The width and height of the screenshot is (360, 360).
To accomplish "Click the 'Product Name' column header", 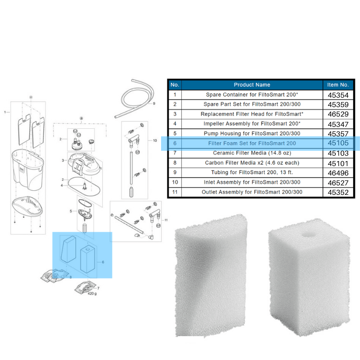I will tap(252, 85).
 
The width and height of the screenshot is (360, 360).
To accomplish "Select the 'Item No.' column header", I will tap(338, 85).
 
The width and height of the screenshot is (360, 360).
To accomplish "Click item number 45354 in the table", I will tap(338, 95).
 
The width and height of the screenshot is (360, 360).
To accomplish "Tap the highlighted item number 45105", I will tap(338, 144).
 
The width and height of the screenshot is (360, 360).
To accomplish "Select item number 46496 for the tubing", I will tap(338, 173).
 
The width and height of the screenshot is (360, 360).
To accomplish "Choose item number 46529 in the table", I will tap(338, 114).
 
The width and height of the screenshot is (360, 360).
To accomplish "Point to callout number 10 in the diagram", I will tap(155, 141).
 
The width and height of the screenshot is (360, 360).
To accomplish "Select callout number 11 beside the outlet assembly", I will tap(166, 220).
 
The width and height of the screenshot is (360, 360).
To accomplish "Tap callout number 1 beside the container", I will tap(5, 112).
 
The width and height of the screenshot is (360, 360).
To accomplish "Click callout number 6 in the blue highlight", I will tap(103, 262).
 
